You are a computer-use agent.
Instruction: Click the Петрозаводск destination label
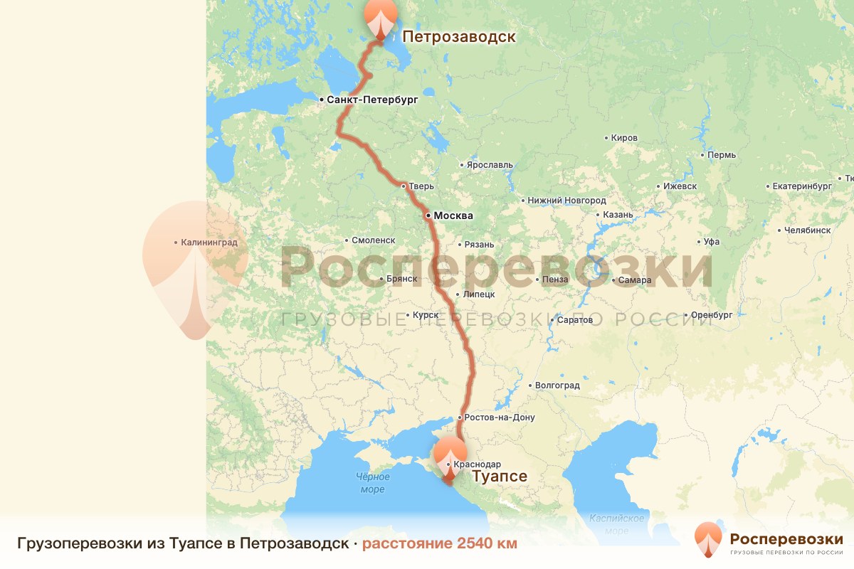click(458, 36)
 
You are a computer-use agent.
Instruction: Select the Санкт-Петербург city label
click(372, 100)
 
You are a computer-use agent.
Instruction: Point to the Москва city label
click(453, 216)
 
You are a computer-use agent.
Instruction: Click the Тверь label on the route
click(421, 186)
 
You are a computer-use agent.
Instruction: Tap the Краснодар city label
click(476, 464)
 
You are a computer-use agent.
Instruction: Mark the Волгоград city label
click(557, 385)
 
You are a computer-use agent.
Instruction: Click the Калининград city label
click(209, 243)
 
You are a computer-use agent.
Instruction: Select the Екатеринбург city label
click(802, 186)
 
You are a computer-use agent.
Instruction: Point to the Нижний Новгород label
click(566, 201)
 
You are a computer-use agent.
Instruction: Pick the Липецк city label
click(478, 294)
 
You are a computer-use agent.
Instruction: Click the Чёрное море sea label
click(372, 484)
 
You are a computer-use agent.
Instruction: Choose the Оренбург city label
click(712, 314)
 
